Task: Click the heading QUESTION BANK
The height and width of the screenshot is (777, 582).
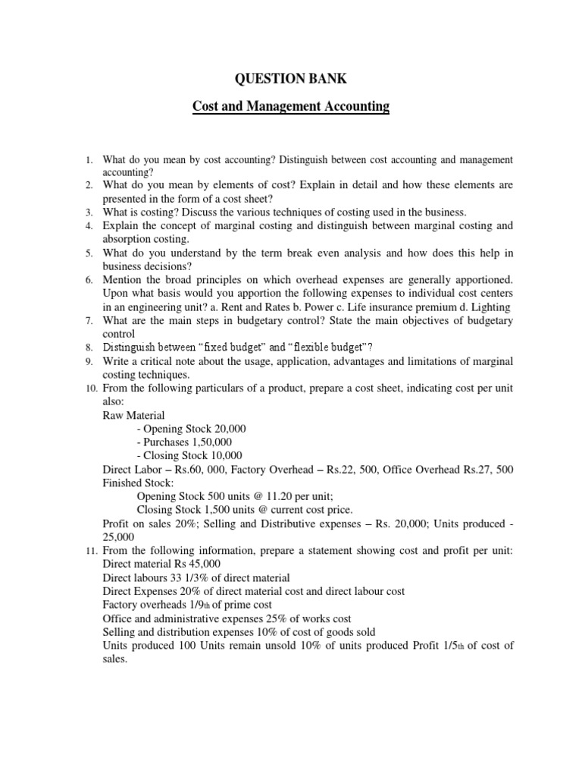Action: [291, 80]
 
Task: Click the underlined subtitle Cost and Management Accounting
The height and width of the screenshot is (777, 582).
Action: [291, 107]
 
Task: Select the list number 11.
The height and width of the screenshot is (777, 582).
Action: [86, 551]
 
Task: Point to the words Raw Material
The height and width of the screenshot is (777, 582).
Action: [133, 415]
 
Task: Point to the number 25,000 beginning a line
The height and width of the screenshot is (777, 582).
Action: [119, 537]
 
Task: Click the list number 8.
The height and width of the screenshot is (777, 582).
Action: [89, 348]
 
